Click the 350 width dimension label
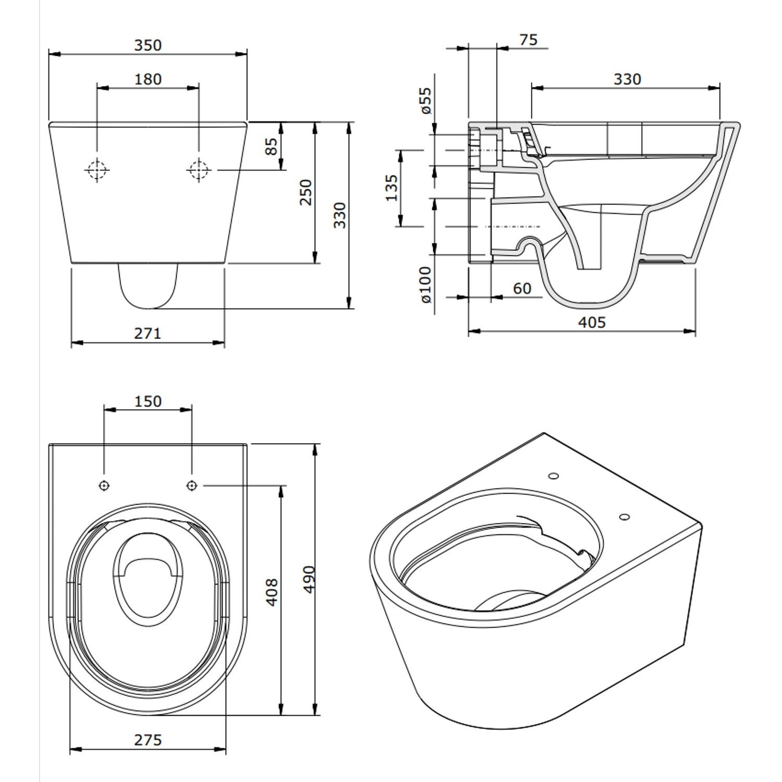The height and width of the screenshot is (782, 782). point(148,45)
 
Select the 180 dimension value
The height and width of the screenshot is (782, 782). point(148,79)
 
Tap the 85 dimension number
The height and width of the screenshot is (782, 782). point(272,146)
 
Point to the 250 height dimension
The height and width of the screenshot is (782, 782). point(306,192)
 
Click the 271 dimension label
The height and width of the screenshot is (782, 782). point(148,333)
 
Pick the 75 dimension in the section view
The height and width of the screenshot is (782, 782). point(528,40)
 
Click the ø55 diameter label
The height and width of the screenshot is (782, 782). point(426,101)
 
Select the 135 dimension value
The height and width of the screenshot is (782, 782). point(392,188)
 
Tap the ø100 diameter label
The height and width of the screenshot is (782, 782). point(426,284)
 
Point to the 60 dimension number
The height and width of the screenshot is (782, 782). point(522,288)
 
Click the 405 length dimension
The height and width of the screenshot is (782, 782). point(592,323)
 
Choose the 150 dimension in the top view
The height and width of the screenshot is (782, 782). point(148,401)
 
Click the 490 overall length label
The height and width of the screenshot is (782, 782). point(308,579)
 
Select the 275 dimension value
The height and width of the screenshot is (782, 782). point(148,740)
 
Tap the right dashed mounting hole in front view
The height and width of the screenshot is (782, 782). point(198,169)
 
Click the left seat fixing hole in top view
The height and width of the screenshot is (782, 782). point(104,485)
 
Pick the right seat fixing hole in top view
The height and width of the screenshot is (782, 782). point(192,485)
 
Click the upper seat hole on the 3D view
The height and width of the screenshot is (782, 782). point(554,475)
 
